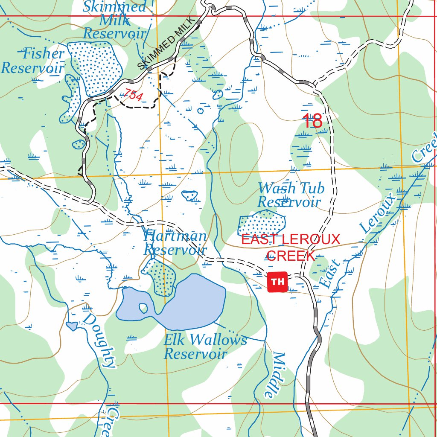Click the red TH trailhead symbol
pyautogui.click(x=277, y=282)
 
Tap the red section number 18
pyautogui.click(x=312, y=121)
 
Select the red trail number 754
pyautogui.click(x=134, y=96)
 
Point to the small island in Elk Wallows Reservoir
pyautogui.click(x=143, y=307)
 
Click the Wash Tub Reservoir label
pyautogui.click(x=291, y=195)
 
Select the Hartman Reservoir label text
pyautogui.click(x=175, y=242)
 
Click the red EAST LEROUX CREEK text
pyautogui.click(x=291, y=247)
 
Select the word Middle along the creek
pyautogui.click(x=273, y=376)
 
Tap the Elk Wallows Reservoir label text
pyautogui.click(x=205, y=347)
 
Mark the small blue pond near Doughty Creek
pyautogui.click(x=72, y=326)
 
